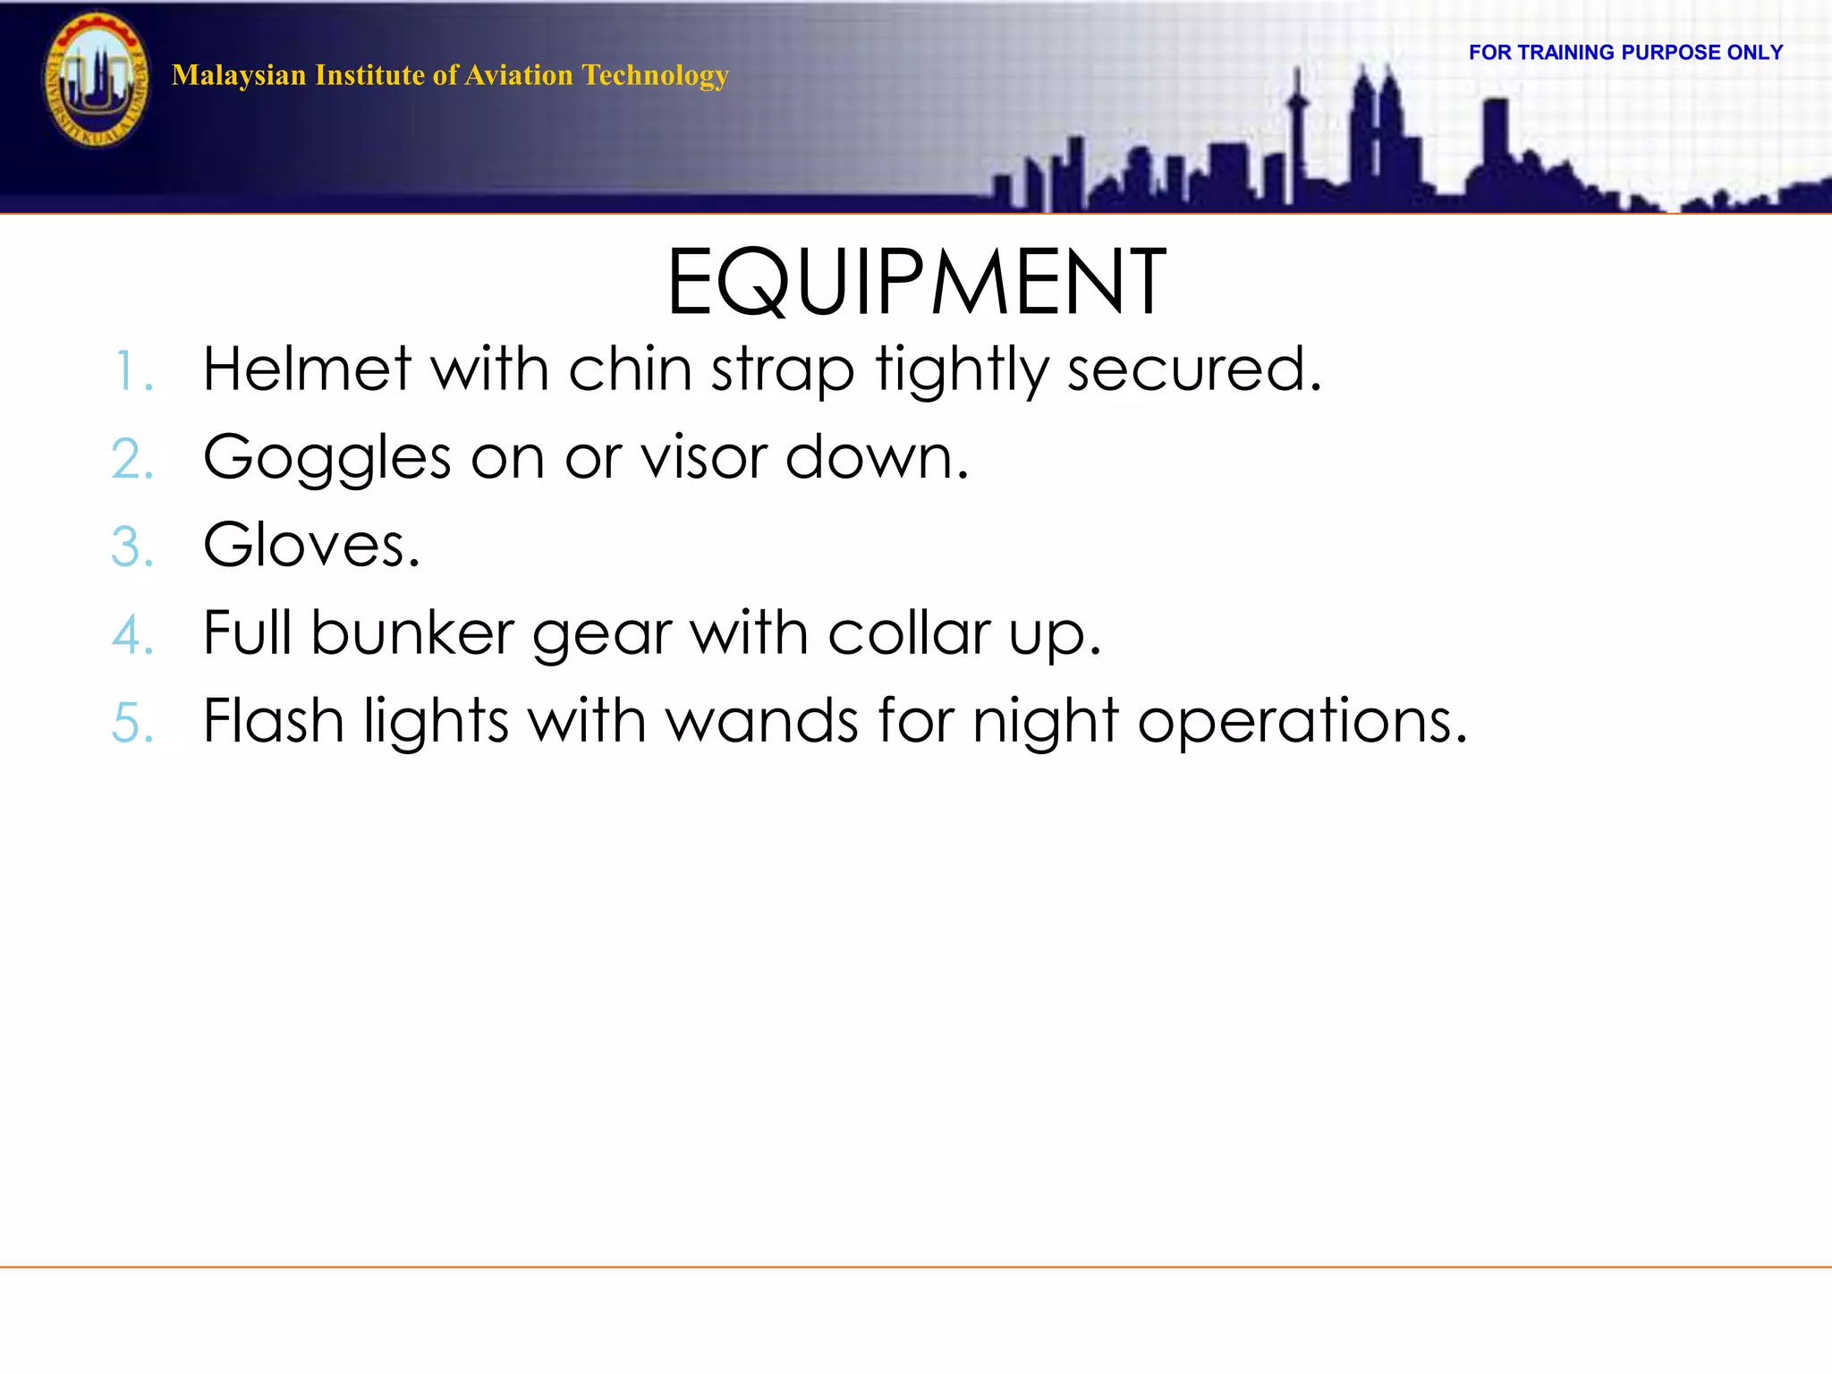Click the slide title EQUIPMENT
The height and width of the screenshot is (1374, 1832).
tap(916, 283)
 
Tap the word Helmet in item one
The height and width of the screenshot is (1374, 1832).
tap(307, 369)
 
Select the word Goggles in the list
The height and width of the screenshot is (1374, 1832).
tap(327, 458)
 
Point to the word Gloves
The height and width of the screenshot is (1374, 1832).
tap(310, 545)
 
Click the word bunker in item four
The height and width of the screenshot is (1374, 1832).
tap(411, 633)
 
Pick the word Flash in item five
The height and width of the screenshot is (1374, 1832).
tap(273, 721)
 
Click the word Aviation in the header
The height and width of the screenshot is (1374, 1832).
tap(519, 75)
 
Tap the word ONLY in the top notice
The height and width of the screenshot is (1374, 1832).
tap(1754, 53)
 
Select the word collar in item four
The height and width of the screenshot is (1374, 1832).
tap(907, 633)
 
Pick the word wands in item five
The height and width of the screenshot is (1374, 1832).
tap(763, 721)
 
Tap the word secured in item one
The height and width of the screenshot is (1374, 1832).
tap(1193, 369)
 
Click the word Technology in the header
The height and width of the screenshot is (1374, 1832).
tap(655, 75)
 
